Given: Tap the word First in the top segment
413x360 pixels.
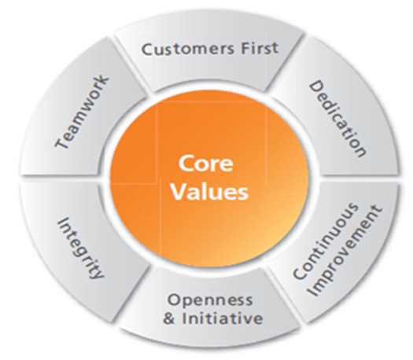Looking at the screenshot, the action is click(260, 48).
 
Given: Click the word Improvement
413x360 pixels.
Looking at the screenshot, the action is click(345, 252).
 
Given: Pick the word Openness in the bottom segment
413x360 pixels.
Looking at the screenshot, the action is click(210, 300).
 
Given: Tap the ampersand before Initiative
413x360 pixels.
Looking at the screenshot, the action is click(169, 318).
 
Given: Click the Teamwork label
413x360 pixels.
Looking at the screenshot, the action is click(82, 112).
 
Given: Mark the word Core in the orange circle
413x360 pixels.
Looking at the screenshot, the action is click(205, 163).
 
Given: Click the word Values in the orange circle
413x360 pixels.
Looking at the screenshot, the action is click(209, 192).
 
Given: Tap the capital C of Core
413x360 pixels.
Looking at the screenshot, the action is click(186, 163).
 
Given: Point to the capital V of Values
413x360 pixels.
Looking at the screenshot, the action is click(179, 191).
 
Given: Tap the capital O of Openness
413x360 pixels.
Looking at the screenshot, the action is click(175, 299).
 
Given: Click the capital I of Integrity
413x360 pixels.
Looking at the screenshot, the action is click(63, 221).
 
